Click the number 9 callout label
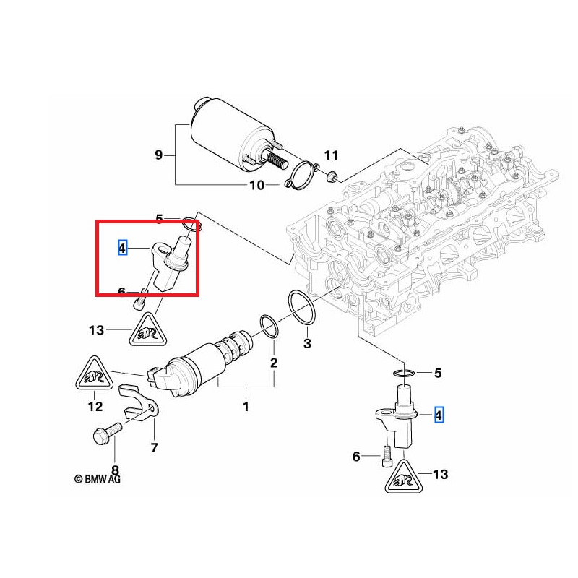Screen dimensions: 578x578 [x=159, y=155]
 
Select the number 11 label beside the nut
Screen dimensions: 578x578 [x=330, y=155]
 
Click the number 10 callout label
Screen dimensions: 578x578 [x=256, y=186]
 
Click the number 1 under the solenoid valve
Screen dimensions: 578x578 [x=245, y=407]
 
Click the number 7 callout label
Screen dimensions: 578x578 [x=153, y=448]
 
